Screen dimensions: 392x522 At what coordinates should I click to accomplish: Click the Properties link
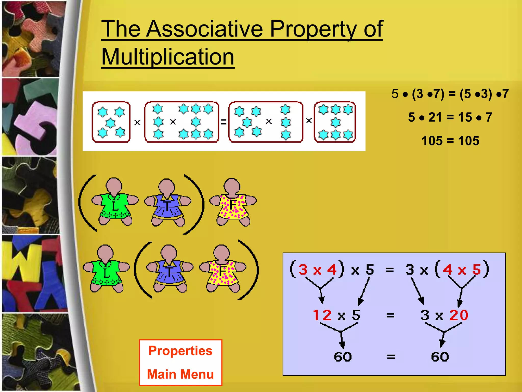[x=180, y=351]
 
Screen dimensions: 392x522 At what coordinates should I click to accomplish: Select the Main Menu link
[x=180, y=374]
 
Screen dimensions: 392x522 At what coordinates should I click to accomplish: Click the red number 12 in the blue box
[x=322, y=315]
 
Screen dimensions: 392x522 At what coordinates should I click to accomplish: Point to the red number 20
[x=459, y=315]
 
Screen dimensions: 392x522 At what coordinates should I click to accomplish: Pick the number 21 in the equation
[x=435, y=117]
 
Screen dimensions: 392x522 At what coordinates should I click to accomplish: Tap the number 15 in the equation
[x=465, y=117]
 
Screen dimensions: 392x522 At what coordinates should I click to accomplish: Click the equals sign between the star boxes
[x=224, y=122]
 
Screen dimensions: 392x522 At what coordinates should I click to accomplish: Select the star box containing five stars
[x=111, y=122]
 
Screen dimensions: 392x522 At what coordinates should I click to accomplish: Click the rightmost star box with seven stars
[x=335, y=122]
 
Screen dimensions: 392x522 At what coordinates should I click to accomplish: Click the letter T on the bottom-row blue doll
[x=169, y=272]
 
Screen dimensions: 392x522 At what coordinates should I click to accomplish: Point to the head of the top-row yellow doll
[x=232, y=186]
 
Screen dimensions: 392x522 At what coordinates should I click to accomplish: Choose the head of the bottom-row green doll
[x=105, y=253]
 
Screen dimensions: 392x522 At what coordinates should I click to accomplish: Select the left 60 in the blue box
[x=343, y=357]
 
